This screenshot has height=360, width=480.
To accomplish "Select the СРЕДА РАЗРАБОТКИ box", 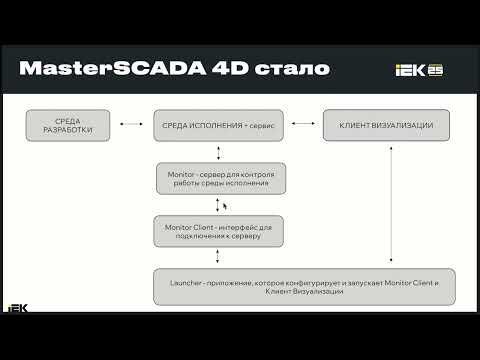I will click(68, 126).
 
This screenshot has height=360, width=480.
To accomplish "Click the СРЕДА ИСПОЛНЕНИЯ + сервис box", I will click(219, 126).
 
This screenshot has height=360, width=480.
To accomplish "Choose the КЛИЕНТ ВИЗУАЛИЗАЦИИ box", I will click(385, 126).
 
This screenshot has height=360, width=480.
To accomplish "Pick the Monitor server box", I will click(219, 180).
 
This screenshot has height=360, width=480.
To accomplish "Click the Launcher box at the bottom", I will click(304, 286).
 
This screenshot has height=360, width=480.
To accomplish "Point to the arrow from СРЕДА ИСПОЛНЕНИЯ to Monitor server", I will click(219, 153).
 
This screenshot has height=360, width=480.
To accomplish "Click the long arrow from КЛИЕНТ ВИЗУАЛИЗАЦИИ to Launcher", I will click(385, 205).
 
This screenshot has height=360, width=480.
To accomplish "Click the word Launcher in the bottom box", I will click(177, 282).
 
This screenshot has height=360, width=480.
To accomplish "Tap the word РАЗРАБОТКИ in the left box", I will click(68, 131).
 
